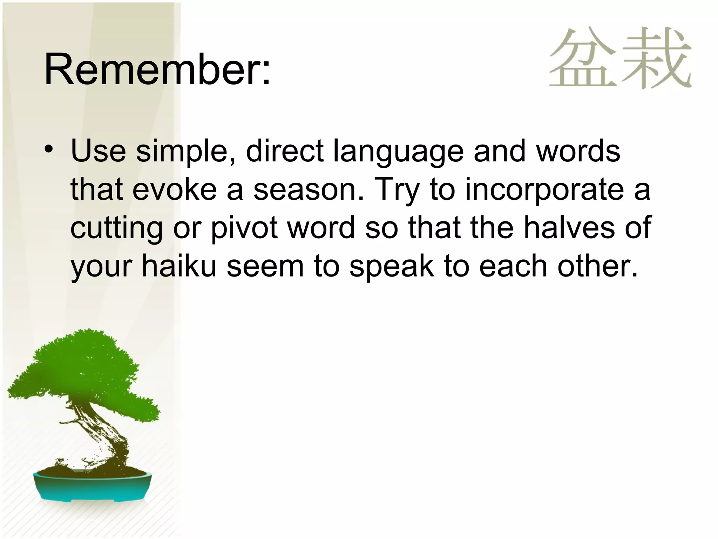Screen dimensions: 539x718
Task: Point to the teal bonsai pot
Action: (x=93, y=486)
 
